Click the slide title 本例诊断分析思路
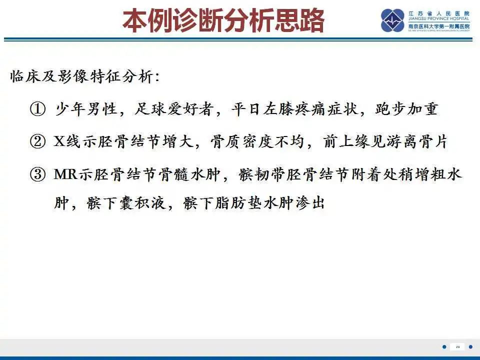223,20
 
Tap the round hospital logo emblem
392,20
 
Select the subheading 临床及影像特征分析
85,77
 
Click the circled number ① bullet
38,109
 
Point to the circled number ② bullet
38,142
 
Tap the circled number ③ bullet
38,174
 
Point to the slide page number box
457,346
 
